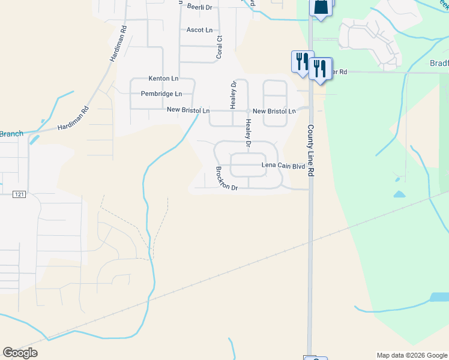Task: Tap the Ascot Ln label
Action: tap(200, 30)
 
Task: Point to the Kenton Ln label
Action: tap(163, 79)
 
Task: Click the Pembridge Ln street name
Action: tap(161, 94)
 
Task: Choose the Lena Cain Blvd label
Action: tap(283, 166)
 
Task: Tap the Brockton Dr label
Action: tap(227, 179)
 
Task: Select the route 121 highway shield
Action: tap(20, 193)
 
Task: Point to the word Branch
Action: tap(11, 134)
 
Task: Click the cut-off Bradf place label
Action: tap(438, 64)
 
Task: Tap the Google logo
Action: tap(20, 353)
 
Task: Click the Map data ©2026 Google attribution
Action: tap(412, 355)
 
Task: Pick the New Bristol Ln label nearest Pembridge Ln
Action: tap(188, 111)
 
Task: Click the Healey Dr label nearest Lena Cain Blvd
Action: tap(247, 134)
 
